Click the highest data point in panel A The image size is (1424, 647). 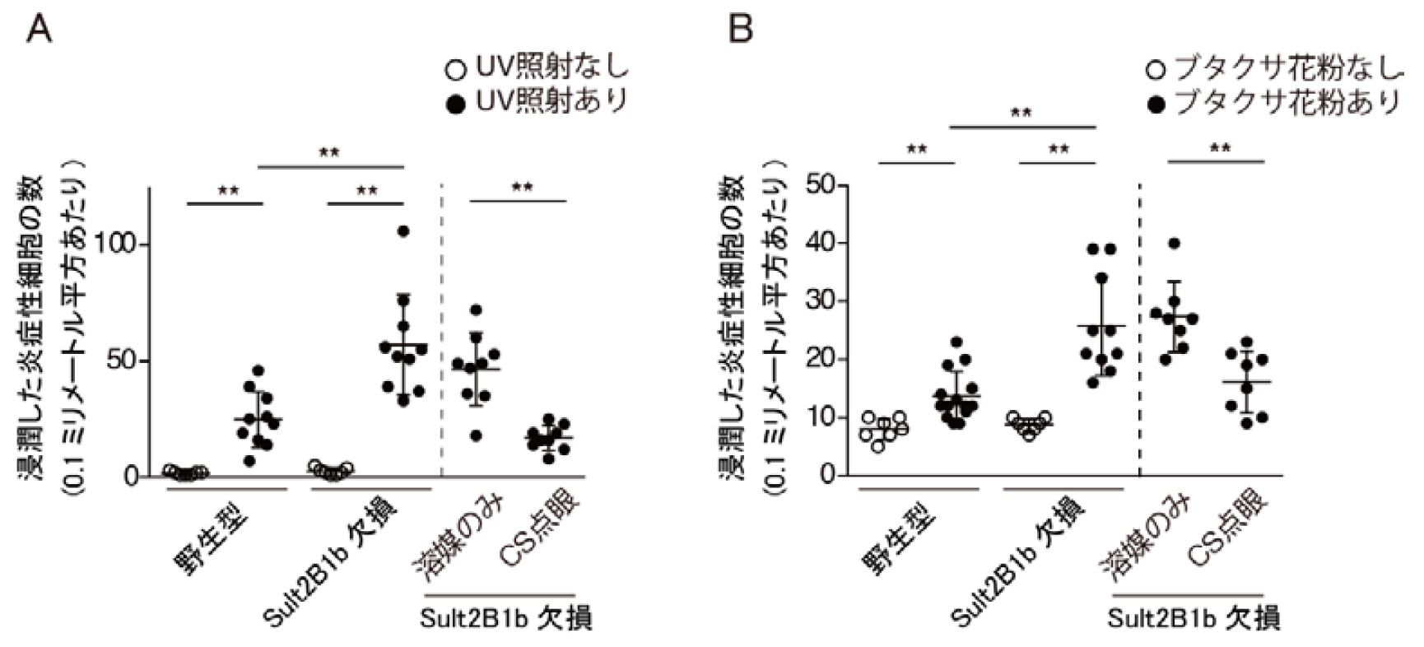click(x=403, y=231)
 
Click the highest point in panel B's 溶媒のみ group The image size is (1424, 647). click(x=1174, y=244)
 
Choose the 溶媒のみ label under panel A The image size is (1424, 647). click(x=449, y=539)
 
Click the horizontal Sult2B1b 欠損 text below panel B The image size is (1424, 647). click(x=1194, y=618)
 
